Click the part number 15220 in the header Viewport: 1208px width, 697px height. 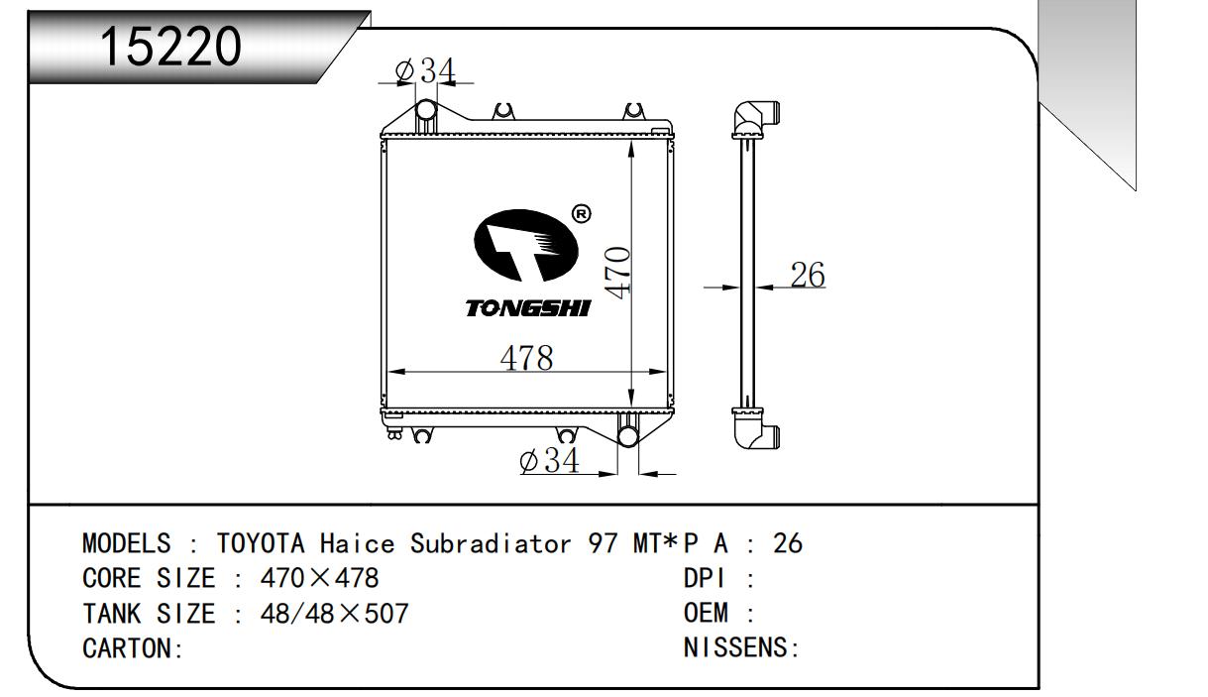pyautogui.click(x=171, y=47)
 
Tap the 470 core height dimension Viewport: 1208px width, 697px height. pyautogui.click(x=617, y=273)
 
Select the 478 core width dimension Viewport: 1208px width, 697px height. pyautogui.click(x=526, y=358)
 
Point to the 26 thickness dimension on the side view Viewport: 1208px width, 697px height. pyautogui.click(x=808, y=275)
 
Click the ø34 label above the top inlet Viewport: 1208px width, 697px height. pyautogui.click(x=425, y=70)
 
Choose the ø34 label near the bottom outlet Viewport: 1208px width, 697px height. pyautogui.click(x=549, y=460)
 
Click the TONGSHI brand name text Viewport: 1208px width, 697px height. pyautogui.click(x=528, y=308)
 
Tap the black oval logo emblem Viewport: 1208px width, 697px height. pyautogui.click(x=526, y=246)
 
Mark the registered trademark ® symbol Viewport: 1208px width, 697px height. pyautogui.click(x=581, y=214)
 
